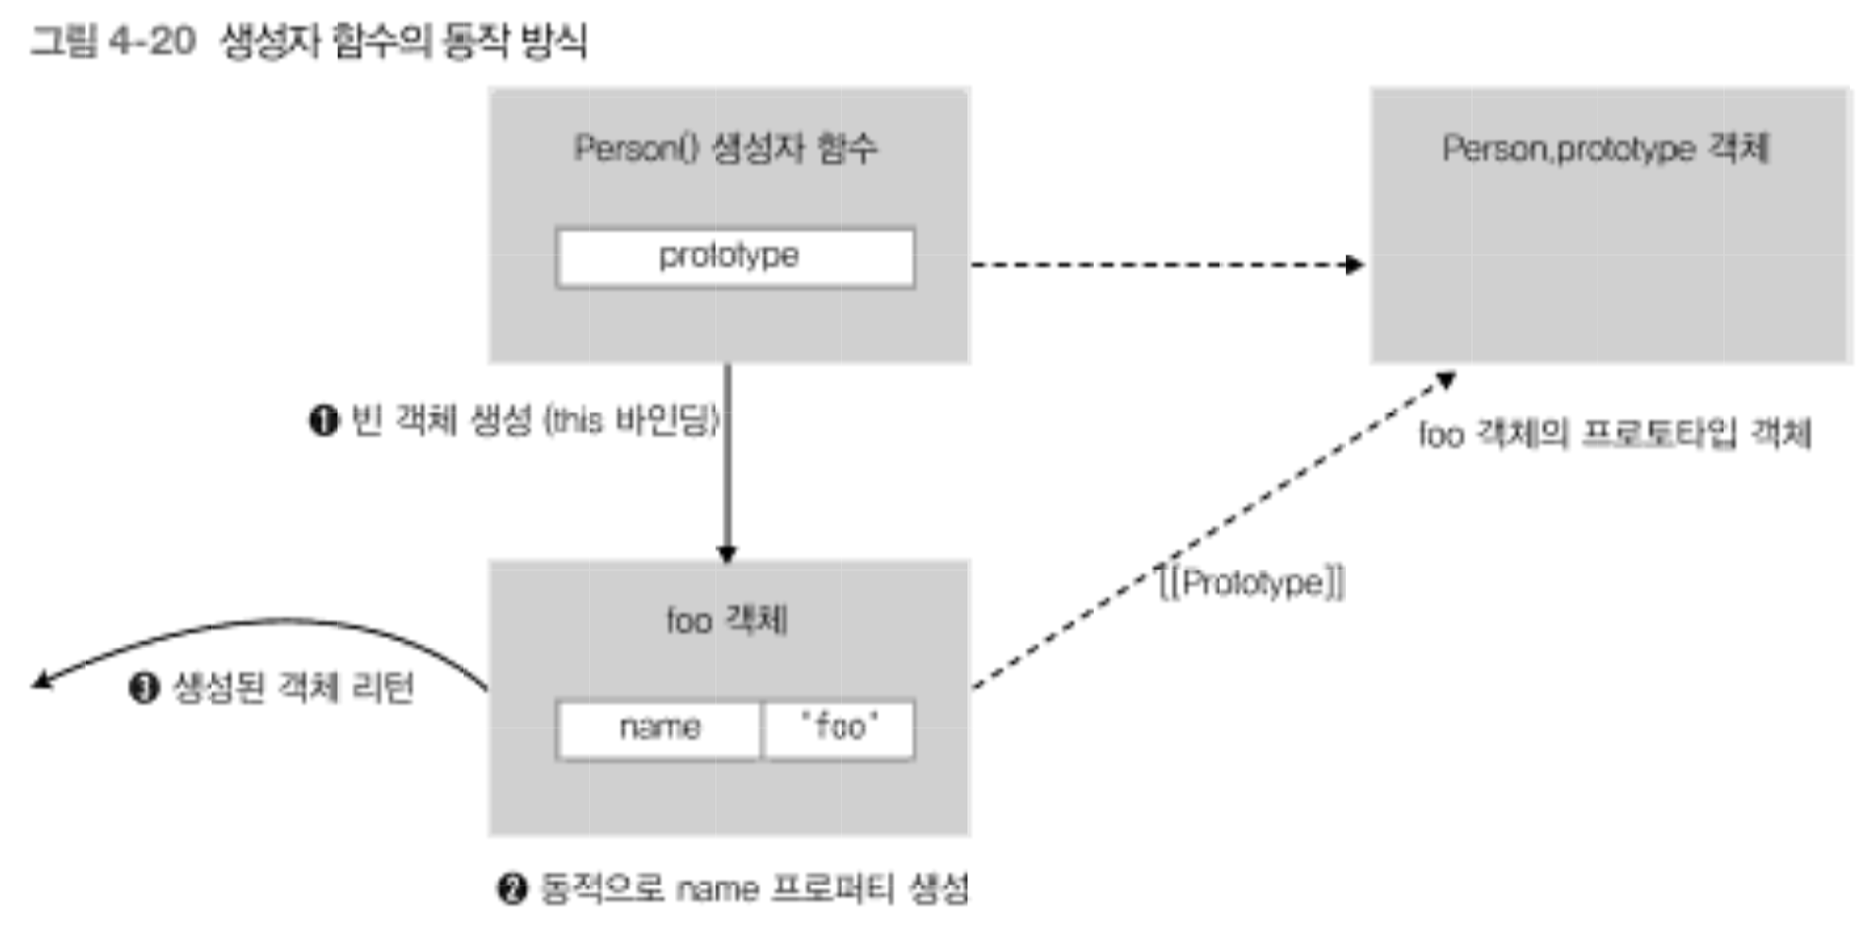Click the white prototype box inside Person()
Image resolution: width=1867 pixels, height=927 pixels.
tap(734, 257)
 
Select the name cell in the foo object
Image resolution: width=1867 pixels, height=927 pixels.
tap(659, 728)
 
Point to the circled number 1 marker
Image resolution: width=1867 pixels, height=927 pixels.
tap(324, 420)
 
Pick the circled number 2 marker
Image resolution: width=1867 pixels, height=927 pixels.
tap(512, 888)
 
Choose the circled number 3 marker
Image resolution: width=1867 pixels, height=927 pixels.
tap(143, 687)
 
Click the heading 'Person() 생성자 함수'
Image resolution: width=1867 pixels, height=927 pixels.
tap(726, 148)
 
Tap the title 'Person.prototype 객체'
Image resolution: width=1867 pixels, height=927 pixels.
tap(1605, 148)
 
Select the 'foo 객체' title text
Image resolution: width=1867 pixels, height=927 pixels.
tap(727, 620)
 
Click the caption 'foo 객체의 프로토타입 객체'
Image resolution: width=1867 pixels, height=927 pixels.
tap(1615, 434)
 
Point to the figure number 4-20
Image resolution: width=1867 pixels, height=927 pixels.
tap(152, 42)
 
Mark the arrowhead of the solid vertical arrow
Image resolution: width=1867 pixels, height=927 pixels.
tap(727, 554)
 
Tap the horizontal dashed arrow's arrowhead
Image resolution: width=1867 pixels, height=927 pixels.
tap(1355, 264)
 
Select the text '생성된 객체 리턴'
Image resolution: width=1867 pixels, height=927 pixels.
tap(294, 687)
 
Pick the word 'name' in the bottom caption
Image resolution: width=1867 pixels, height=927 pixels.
tap(717, 889)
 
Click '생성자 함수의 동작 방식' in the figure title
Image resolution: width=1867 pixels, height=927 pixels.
tap(404, 42)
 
